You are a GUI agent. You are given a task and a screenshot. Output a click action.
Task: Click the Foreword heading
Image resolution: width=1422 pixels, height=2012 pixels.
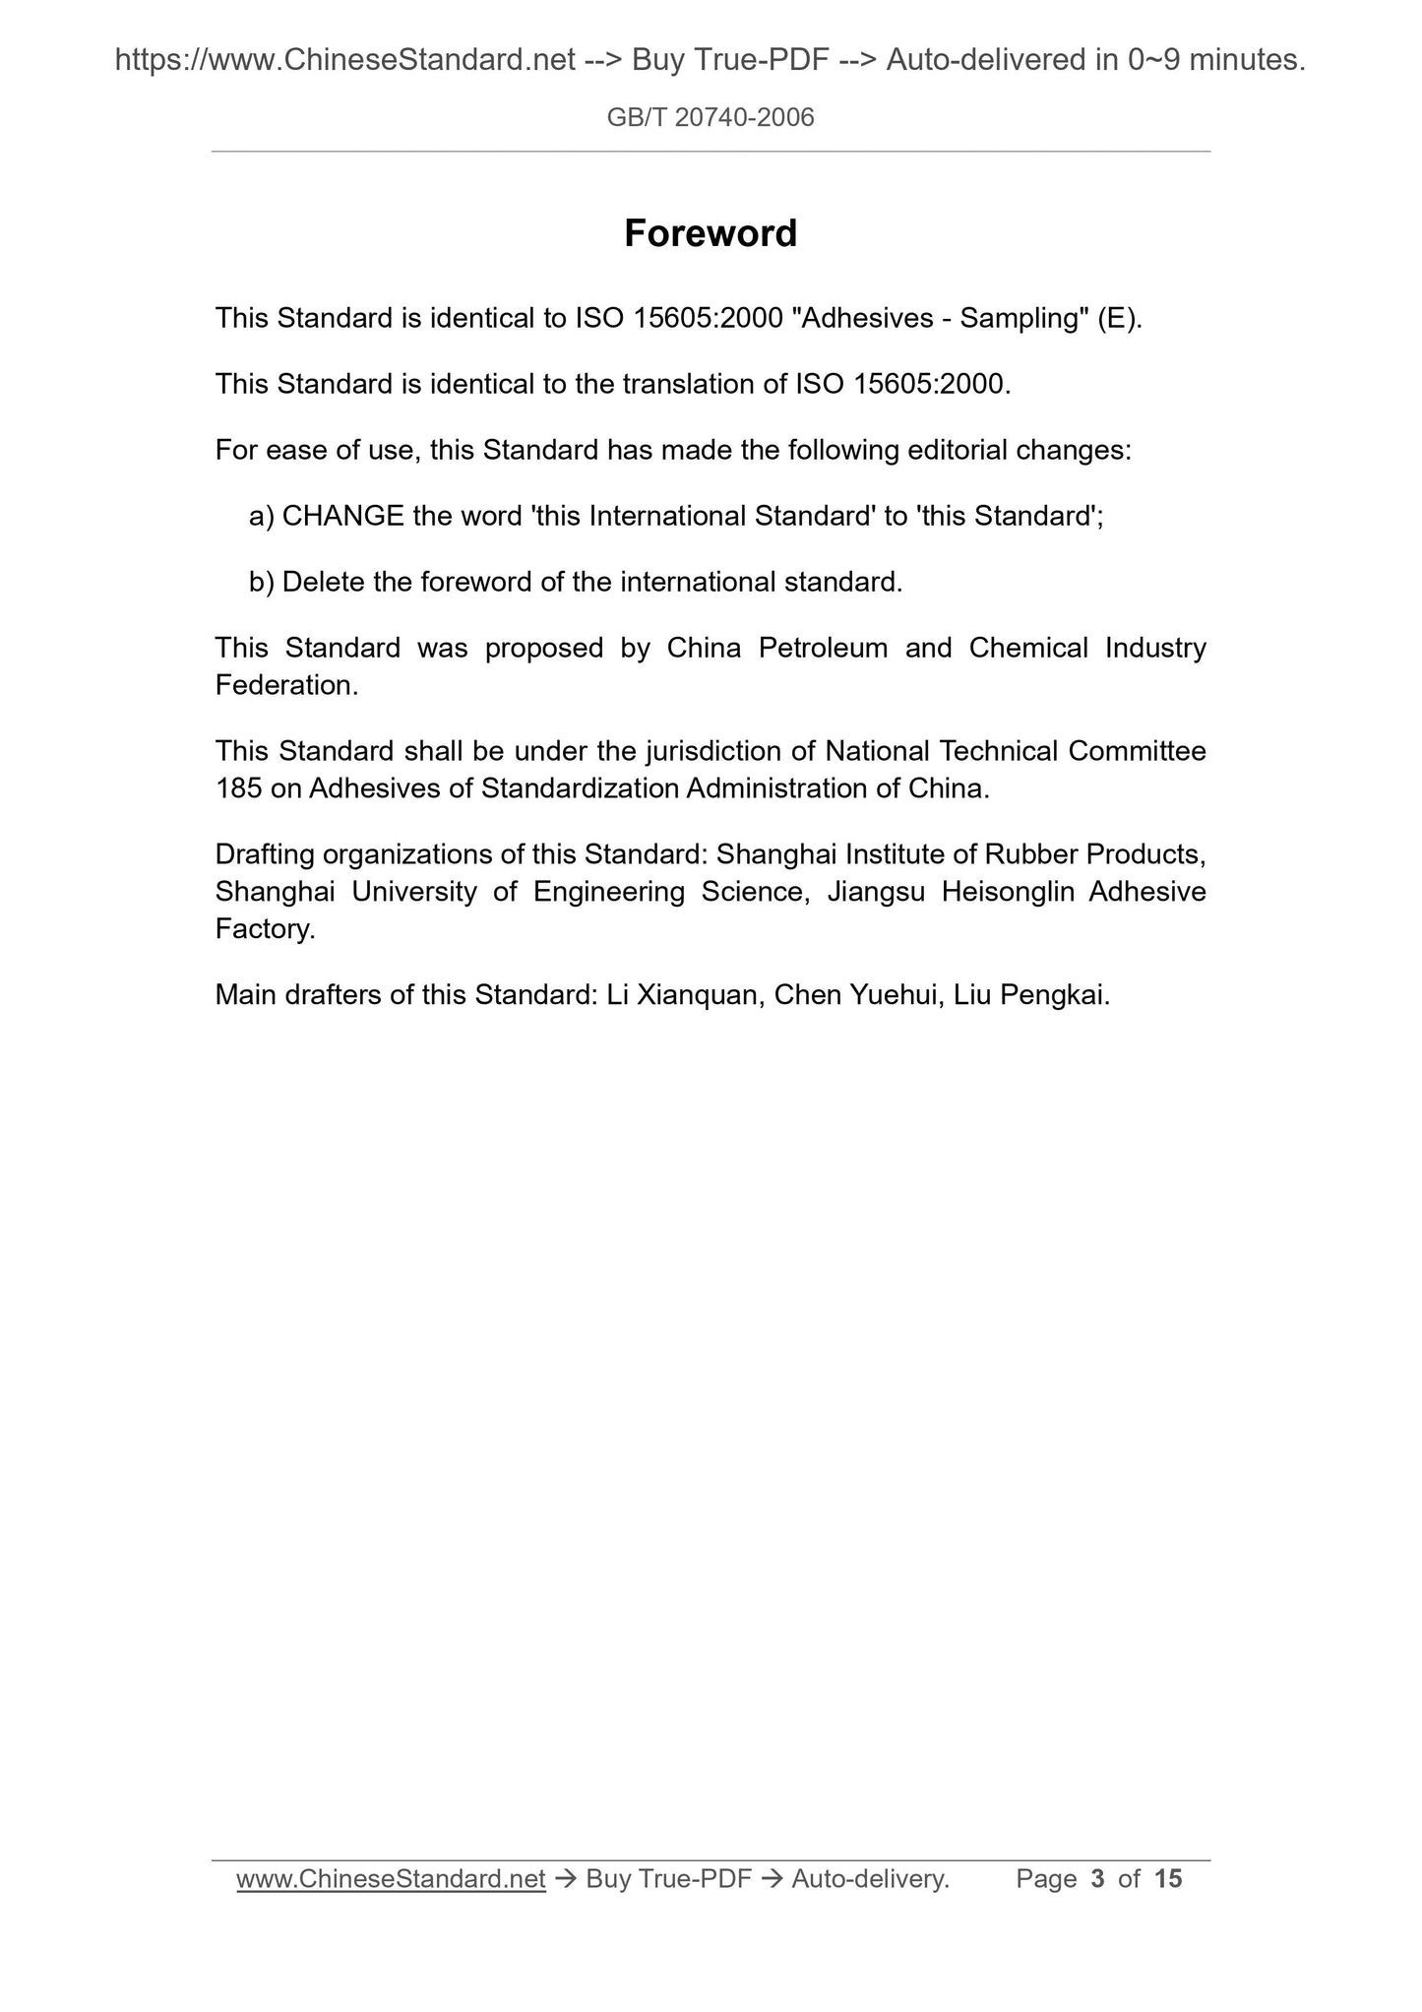coord(711,233)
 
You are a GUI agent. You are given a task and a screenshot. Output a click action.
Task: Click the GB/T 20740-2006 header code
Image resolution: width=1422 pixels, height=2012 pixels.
coord(711,118)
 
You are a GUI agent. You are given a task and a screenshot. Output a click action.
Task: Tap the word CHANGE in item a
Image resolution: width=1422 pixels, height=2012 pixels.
coord(342,516)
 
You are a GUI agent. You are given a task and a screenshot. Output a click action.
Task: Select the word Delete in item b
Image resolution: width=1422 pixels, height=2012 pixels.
coord(324,582)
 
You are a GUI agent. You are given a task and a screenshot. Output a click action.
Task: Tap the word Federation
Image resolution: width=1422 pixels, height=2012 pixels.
coord(285,685)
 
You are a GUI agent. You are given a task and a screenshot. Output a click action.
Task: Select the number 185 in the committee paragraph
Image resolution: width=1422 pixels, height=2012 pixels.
coord(238,788)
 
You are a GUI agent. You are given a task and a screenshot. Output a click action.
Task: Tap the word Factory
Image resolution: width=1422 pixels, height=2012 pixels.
coord(265,928)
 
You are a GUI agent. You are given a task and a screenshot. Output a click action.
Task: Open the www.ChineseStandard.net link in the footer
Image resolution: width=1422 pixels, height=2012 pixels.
coord(391,1879)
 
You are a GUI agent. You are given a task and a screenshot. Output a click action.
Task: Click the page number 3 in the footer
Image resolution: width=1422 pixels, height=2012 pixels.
coord(1097,1879)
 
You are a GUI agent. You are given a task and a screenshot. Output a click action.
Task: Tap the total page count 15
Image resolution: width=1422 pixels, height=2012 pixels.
coord(1167,1879)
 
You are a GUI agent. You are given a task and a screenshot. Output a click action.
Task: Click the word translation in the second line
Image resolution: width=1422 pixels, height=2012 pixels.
coord(688,384)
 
